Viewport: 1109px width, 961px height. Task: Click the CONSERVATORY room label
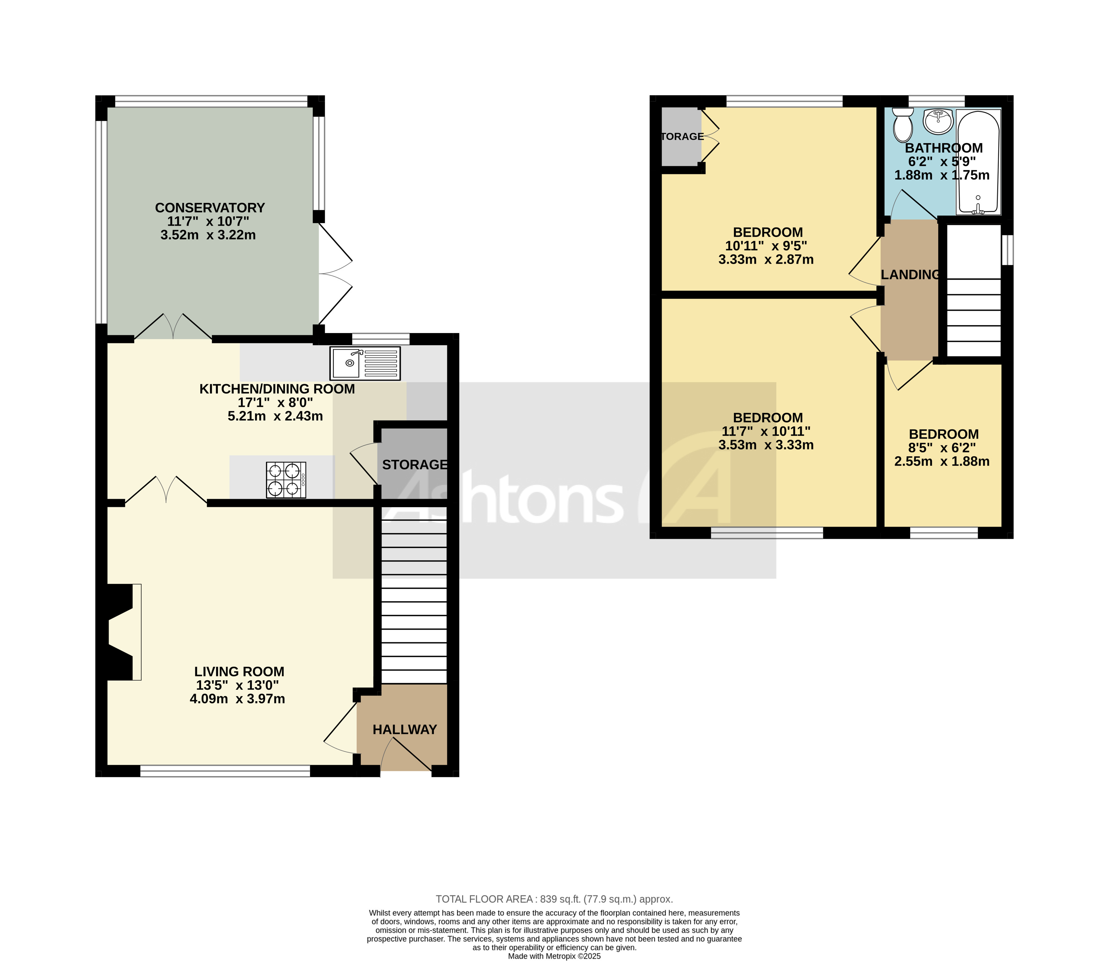210,208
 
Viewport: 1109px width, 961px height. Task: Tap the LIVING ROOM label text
239,672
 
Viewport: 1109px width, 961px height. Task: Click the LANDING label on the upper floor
910,275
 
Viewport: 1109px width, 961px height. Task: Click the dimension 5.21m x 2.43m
275,416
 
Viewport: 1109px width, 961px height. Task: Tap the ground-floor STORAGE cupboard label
414,465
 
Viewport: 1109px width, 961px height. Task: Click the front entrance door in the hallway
406,757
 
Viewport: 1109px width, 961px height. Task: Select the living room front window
225,771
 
